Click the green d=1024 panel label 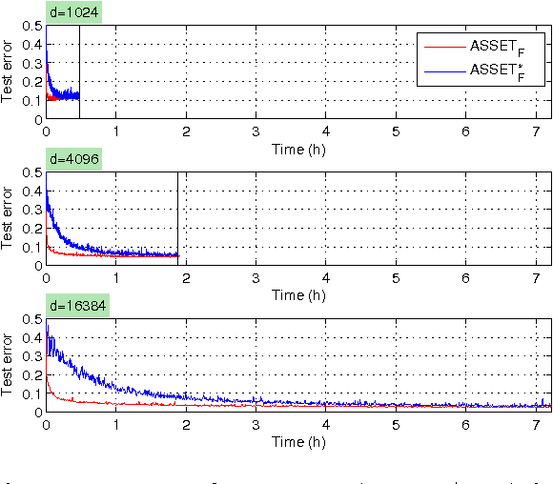pyautogui.click(x=75, y=13)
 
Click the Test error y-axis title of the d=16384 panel pyautogui.click(x=9, y=365)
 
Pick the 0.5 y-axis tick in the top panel pyautogui.click(x=32, y=27)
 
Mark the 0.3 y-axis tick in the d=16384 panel pyautogui.click(x=32, y=354)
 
